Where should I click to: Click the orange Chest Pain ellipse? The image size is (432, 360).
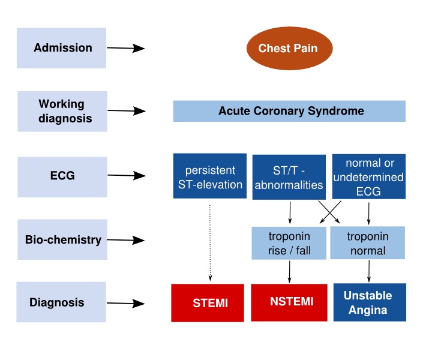coord(289,48)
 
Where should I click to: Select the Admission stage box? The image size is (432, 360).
coord(62,48)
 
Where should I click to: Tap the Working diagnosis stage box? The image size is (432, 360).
coord(62,112)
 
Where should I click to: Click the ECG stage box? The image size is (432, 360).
coord(62,176)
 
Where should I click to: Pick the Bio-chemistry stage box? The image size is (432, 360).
coord(62,240)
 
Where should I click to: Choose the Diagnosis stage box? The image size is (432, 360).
coord(62,302)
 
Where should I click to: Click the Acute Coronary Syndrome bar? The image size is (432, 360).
coord(289,111)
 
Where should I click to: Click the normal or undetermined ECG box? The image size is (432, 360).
coord(368,176)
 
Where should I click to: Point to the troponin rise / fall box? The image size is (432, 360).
coord(289,243)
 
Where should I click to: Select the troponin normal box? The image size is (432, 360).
coord(368,243)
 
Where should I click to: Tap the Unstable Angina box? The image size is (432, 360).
coord(368,302)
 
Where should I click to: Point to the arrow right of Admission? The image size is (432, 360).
coord(127,48)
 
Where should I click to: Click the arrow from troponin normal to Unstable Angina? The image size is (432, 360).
coord(368,271)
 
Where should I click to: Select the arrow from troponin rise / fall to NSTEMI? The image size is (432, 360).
coord(289,271)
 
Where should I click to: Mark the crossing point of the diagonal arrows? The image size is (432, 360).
coord(329,212)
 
